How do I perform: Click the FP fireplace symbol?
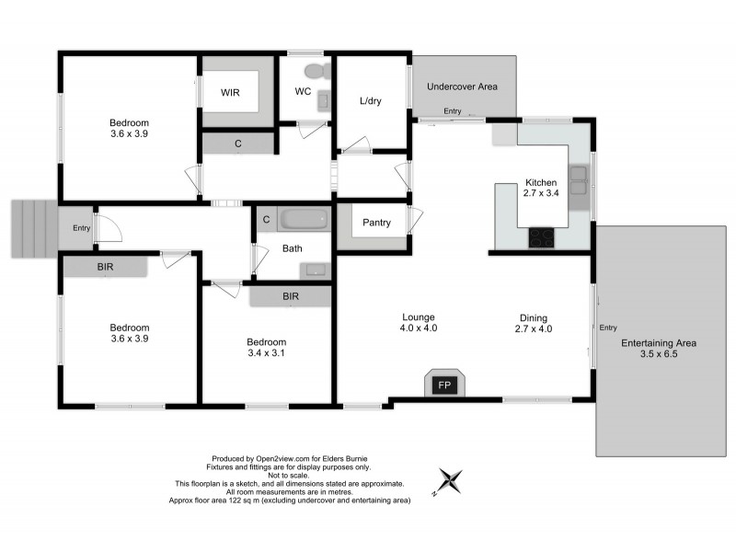click(x=443, y=385)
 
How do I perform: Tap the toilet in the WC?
click(x=314, y=73)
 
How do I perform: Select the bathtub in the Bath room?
click(x=305, y=221)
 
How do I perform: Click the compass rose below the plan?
click(x=450, y=480)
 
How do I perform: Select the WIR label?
click(x=230, y=93)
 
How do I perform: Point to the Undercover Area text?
click(x=463, y=86)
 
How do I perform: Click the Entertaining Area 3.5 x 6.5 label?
click(x=659, y=349)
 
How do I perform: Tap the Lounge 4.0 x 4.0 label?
click(x=418, y=323)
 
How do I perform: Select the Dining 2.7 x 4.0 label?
click(x=533, y=323)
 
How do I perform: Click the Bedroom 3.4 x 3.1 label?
click(x=267, y=347)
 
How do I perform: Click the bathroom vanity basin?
click(x=315, y=270)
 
